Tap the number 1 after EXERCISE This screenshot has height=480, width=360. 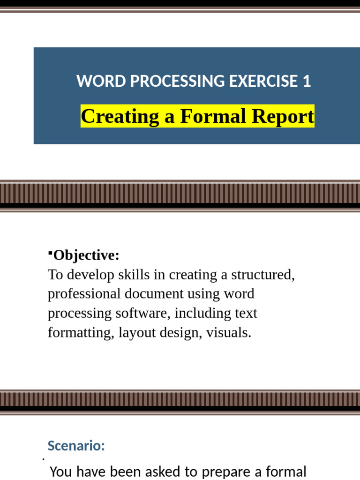(x=307, y=82)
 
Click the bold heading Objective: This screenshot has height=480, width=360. (x=86, y=255)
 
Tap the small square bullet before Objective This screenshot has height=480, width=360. (x=50, y=254)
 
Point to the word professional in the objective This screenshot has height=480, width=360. (x=84, y=294)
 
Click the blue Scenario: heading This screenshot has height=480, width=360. (x=76, y=446)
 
